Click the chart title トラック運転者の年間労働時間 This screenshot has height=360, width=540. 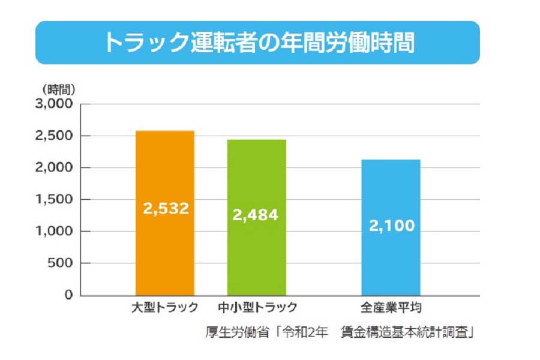[x=258, y=43]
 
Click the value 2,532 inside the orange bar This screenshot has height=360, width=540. [x=166, y=208]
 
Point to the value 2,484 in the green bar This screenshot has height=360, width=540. [x=256, y=214]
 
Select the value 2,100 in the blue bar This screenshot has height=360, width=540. [x=391, y=226]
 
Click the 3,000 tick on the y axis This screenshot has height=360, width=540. [x=55, y=104]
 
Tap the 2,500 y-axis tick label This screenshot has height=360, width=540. [x=55, y=136]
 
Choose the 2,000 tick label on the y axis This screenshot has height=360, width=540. [x=55, y=168]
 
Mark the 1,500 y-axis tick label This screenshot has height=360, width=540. [x=55, y=200]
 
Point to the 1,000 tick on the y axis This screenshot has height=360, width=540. [x=55, y=232]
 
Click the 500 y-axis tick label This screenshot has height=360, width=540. [x=60, y=263]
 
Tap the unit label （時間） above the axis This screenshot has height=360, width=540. [x=58, y=89]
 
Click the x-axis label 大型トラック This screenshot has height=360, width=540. [x=165, y=308]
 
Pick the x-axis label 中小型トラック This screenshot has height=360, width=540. [x=258, y=308]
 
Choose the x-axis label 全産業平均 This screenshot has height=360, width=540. [x=391, y=308]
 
